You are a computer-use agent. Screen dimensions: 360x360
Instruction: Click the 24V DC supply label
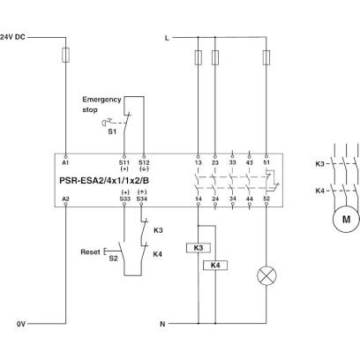pos(12,37)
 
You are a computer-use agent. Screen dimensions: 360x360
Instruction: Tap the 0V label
pos(21,324)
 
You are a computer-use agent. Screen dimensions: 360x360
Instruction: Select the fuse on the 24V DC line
pos(65,56)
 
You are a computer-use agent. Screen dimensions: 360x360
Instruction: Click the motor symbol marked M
pos(346,219)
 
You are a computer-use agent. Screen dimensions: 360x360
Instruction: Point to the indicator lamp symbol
pos(266,276)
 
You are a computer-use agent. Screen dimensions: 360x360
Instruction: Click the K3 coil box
pos(199,248)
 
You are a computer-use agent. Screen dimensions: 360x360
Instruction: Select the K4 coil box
pos(215,266)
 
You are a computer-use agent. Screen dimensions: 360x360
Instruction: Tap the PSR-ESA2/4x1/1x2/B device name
pos(104,180)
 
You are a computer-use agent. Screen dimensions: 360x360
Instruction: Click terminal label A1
pos(65,162)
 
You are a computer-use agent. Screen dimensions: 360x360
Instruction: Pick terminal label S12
pos(144,162)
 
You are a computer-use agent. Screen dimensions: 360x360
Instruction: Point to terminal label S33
pos(124,199)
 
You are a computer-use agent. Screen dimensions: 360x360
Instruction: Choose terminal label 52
pos(266,199)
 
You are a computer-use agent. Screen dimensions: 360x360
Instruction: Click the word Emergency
pos(101,100)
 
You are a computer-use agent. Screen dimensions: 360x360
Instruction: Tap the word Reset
pos(90,252)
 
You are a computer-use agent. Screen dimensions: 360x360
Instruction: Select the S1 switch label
pos(112,131)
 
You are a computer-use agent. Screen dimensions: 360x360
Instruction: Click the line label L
pos(167,38)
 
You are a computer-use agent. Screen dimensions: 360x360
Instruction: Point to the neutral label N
pos(162,324)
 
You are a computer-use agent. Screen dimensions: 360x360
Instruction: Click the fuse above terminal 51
pos(266,57)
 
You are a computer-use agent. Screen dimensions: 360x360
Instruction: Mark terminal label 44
pos(250,199)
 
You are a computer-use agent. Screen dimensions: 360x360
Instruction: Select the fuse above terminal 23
pos(215,57)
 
